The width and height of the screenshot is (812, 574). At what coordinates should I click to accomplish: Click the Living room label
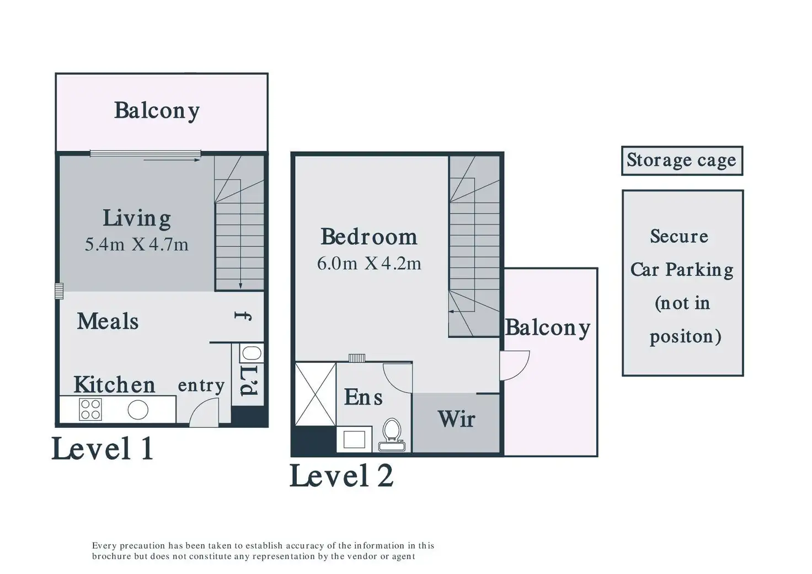[137, 219]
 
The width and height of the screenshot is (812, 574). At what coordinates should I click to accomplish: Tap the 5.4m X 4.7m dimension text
[137, 244]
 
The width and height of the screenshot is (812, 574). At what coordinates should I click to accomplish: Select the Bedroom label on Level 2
[368, 237]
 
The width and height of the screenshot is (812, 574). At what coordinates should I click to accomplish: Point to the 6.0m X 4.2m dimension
[368, 264]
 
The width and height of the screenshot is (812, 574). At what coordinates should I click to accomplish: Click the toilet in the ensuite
[392, 433]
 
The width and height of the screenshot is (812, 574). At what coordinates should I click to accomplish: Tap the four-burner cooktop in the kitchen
[90, 410]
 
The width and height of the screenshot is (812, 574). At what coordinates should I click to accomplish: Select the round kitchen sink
[138, 410]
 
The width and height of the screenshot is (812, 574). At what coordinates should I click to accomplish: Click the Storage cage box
[681, 160]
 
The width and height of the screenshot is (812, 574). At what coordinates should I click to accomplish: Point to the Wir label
[456, 420]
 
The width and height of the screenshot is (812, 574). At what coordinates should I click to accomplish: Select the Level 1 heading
[102, 448]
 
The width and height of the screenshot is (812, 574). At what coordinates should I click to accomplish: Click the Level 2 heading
[341, 475]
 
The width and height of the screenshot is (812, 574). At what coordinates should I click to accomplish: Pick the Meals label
[108, 321]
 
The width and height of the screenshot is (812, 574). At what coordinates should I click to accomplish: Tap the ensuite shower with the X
[315, 394]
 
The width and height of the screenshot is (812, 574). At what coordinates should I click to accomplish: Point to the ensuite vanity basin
[354, 439]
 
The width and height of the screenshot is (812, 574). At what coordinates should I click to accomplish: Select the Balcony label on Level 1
[157, 111]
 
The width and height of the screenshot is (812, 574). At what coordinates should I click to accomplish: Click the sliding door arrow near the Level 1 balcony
[172, 160]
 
